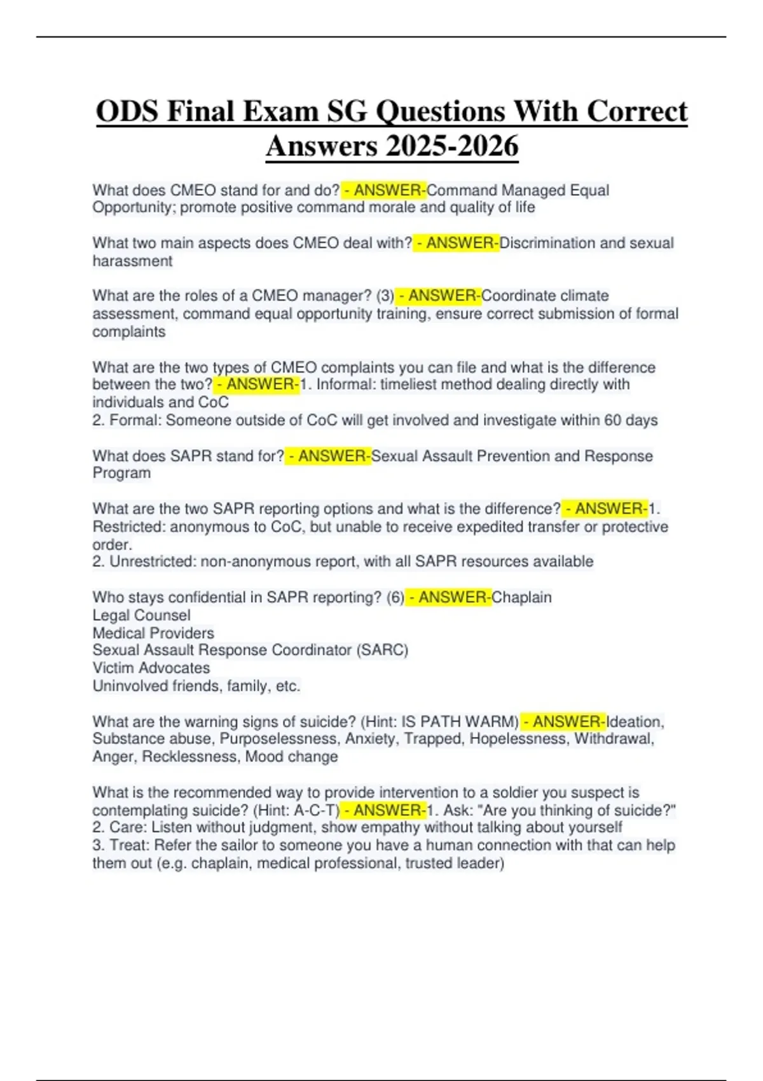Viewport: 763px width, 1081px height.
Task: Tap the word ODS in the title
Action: point(127,112)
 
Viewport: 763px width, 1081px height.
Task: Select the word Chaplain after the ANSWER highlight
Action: point(521,597)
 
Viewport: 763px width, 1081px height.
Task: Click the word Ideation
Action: point(635,722)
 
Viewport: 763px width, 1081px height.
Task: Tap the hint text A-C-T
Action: point(316,810)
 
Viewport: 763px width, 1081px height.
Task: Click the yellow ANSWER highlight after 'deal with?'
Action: point(456,243)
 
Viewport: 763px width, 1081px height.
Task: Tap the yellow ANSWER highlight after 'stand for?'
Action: point(328,456)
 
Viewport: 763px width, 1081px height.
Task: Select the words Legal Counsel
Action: point(141,615)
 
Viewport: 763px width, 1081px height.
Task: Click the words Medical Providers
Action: point(153,633)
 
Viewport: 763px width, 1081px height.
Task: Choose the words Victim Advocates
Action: point(151,668)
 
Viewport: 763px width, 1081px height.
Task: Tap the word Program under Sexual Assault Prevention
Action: point(121,473)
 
